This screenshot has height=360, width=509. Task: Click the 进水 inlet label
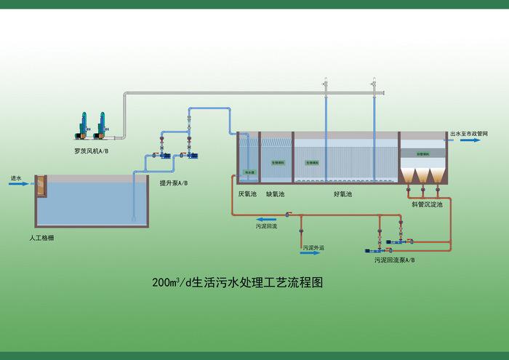tap(16, 177)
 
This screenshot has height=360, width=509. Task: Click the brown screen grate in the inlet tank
tap(41, 186)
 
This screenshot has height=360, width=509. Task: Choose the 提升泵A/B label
tap(174, 183)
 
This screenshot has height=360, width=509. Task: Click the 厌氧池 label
tap(247, 194)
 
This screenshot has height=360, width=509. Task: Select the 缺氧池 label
tap(275, 194)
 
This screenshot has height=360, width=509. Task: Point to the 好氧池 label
tap(342, 194)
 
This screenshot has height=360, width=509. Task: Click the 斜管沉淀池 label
tap(427, 204)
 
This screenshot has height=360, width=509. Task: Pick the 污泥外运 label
tap(313, 248)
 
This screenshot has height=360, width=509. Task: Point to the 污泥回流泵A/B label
tap(395, 259)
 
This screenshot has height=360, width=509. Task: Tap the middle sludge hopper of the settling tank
tap(422, 176)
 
